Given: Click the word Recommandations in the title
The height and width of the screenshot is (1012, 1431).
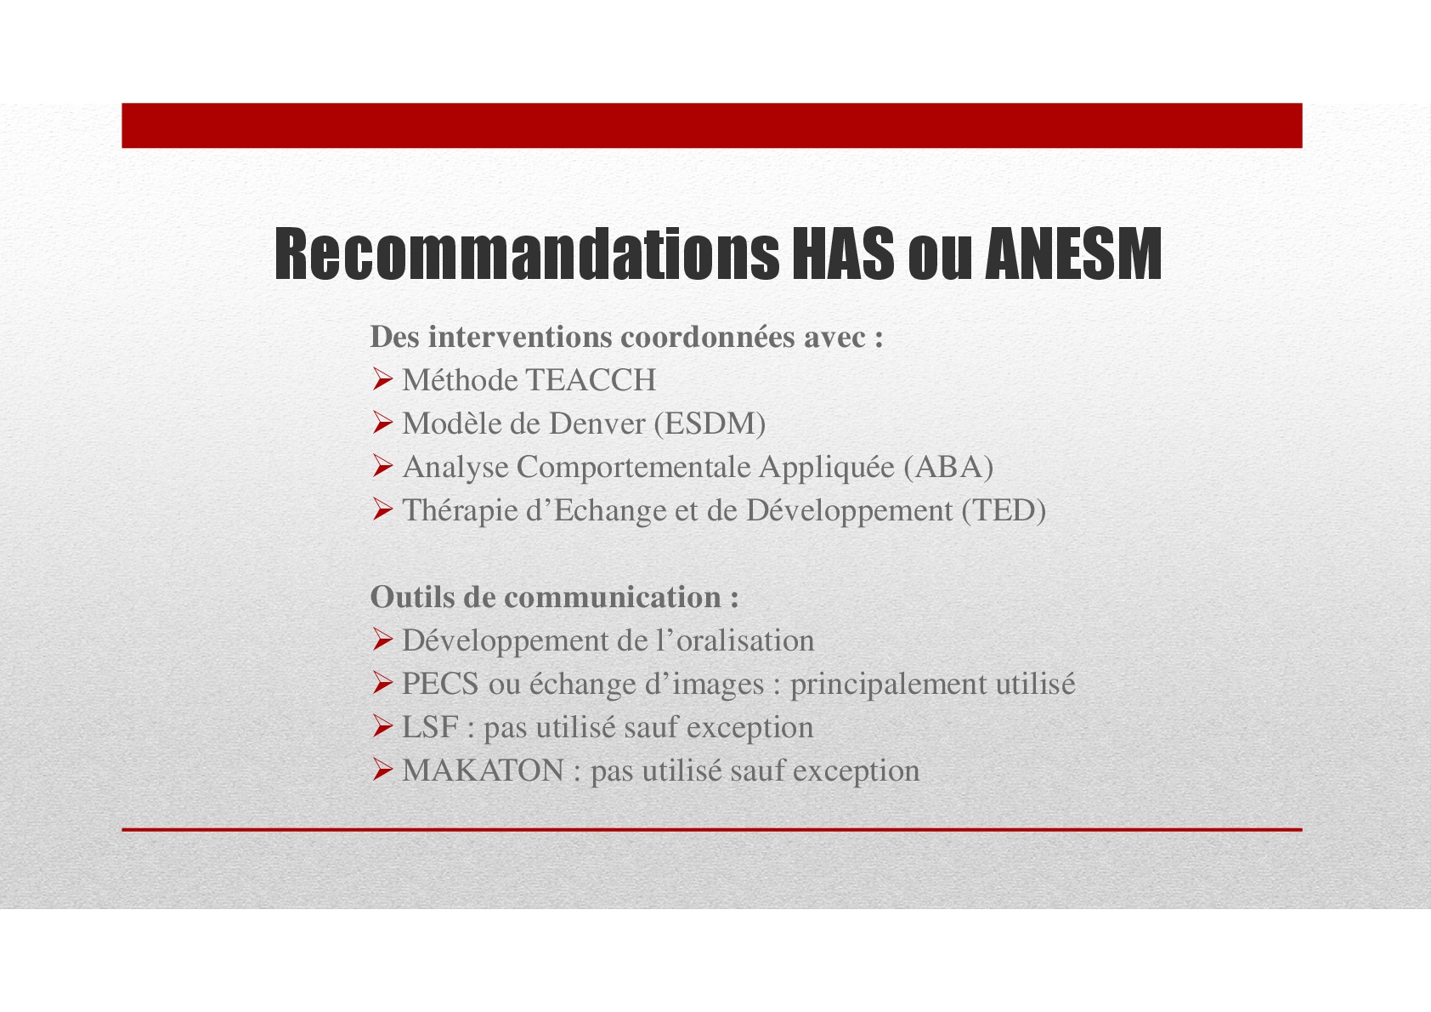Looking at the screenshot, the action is tap(527, 253).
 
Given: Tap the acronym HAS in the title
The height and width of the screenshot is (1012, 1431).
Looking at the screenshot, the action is tap(843, 253).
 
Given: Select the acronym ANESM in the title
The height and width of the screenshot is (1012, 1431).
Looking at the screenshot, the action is tap(1073, 253).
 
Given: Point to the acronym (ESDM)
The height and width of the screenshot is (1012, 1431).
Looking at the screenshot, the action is tap(710, 424).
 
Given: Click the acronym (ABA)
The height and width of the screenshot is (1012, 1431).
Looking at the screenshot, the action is tap(948, 468).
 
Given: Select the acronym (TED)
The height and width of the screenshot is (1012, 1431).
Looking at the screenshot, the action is tap(1004, 511).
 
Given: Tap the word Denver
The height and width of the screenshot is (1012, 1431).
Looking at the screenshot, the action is tap(597, 424).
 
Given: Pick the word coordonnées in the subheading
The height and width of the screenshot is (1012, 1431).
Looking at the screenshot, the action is tap(708, 337).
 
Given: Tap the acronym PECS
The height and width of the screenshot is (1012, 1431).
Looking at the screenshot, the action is tap(440, 684).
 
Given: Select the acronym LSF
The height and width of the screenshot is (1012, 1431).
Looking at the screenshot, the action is tap(430, 727).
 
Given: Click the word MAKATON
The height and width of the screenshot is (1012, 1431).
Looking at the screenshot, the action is tap(483, 770).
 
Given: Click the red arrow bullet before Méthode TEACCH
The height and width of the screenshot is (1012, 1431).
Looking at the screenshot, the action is tap(382, 380).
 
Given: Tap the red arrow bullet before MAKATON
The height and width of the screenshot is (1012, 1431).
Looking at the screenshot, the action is tap(382, 770).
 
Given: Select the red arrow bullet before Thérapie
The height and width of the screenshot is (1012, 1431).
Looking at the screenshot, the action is tap(382, 509).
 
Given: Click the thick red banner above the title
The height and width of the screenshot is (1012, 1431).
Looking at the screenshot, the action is tap(711, 125).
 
